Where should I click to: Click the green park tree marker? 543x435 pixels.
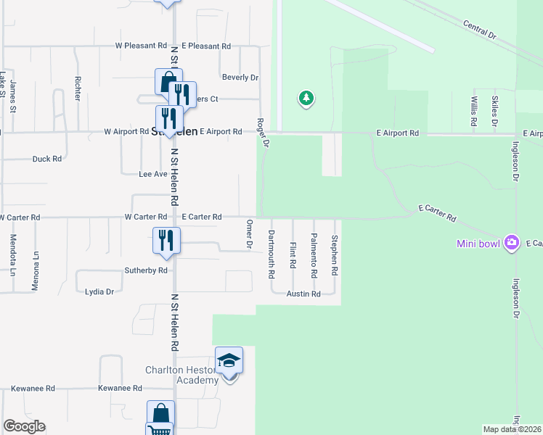click(x=306, y=99)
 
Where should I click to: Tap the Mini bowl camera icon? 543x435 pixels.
click(x=512, y=242)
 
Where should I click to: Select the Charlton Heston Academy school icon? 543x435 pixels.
click(x=229, y=360)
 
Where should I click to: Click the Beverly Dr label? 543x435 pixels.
click(x=240, y=78)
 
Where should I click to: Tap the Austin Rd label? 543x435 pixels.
click(x=303, y=294)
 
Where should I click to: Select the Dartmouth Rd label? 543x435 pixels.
click(x=271, y=254)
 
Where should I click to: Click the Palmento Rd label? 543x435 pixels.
click(x=314, y=257)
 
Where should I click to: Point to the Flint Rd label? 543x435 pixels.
click(x=293, y=254)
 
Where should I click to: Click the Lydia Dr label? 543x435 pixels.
click(x=99, y=291)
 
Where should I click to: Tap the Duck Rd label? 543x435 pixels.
click(x=47, y=159)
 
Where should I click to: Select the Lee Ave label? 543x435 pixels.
click(x=153, y=174)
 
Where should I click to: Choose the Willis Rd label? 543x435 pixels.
click(x=473, y=111)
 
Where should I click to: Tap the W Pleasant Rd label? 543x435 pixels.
click(x=141, y=46)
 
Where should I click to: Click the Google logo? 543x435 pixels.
click(x=25, y=426)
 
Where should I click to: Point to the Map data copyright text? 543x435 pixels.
click(x=513, y=429)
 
